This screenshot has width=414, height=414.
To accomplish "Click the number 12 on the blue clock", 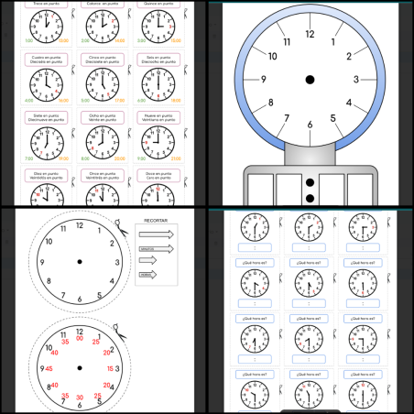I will pyautogui.click(x=310, y=34).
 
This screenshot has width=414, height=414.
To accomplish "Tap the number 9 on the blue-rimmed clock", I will pyautogui.click(x=263, y=80).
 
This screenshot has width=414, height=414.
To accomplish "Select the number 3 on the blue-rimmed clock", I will pyautogui.click(x=356, y=80).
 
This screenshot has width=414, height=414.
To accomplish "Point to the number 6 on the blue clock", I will pyautogui.click(x=310, y=125).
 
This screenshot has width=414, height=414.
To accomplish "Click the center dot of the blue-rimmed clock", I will pyautogui.click(x=310, y=80).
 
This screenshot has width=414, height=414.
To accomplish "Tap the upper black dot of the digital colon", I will pyautogui.click(x=310, y=184).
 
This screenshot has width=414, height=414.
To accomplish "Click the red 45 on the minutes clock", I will pyautogui.click(x=41, y=368).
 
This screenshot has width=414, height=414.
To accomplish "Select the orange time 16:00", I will pyautogui.click(x=64, y=100).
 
